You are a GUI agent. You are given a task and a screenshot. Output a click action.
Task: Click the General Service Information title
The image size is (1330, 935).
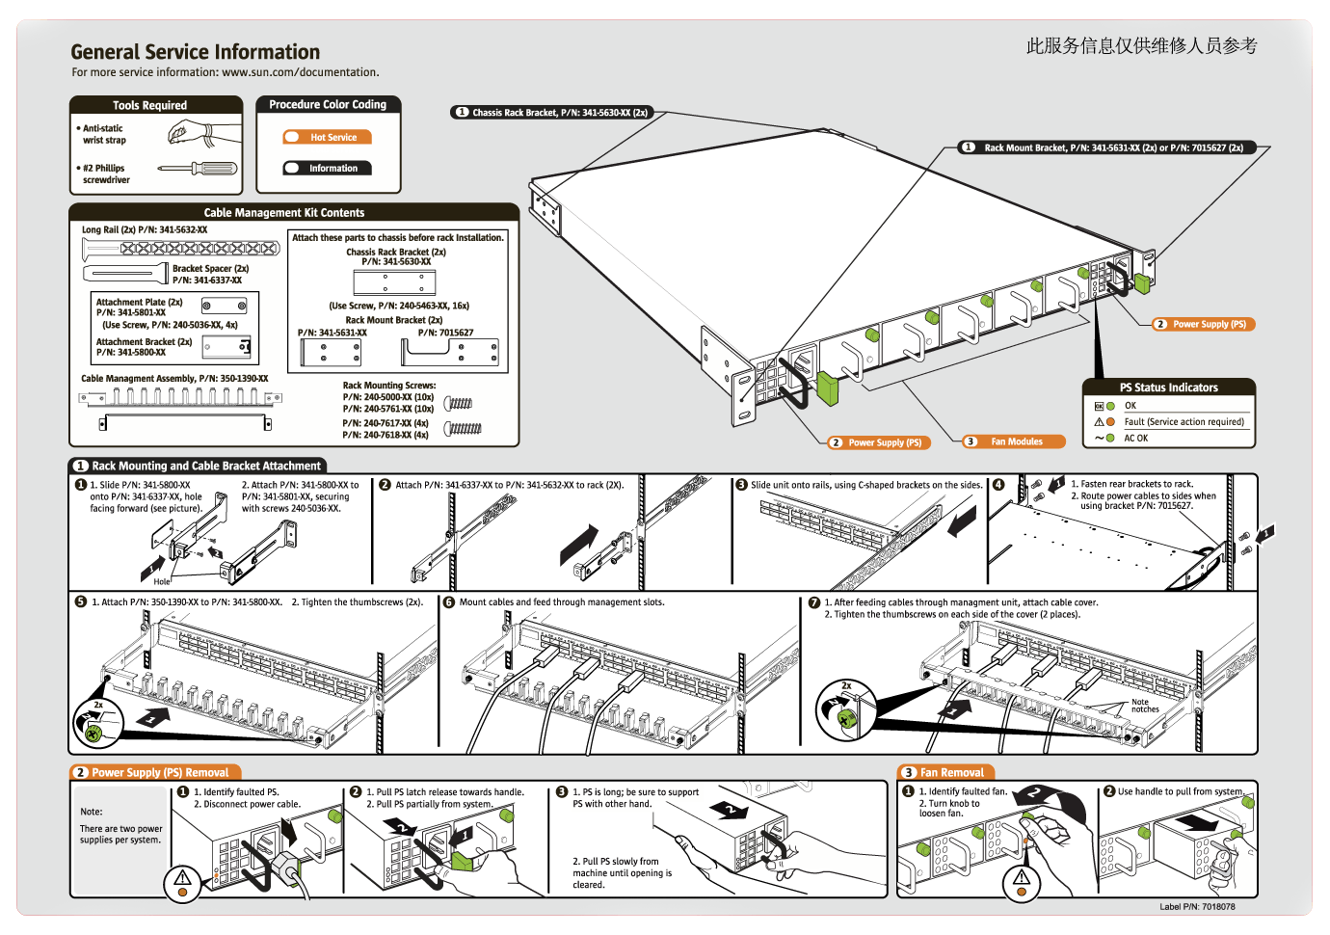pyautogui.click(x=195, y=52)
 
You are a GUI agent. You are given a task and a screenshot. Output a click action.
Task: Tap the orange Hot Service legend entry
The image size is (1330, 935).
pyautogui.click(x=328, y=138)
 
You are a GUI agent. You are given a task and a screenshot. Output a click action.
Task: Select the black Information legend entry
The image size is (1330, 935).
pyautogui.click(x=328, y=169)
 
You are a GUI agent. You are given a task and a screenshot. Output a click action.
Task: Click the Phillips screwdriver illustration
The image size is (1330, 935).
pyautogui.click(x=198, y=169)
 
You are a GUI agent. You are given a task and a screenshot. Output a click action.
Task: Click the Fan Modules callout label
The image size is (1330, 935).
pyautogui.click(x=1016, y=441)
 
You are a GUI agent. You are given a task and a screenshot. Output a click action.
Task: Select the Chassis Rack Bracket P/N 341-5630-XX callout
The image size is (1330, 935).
pyautogui.click(x=552, y=113)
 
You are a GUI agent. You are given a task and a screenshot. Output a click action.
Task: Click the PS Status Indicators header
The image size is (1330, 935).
pyautogui.click(x=1168, y=387)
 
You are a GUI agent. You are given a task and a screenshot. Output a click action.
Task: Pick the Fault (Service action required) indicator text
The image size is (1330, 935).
pyautogui.click(x=1184, y=422)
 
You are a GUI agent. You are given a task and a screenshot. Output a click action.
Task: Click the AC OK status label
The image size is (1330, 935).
pyautogui.click(x=1135, y=439)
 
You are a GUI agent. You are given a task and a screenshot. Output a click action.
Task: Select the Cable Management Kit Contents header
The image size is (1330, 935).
pyautogui.click(x=284, y=213)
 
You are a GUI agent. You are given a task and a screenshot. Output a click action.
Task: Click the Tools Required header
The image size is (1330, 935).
pyautogui.click(x=149, y=106)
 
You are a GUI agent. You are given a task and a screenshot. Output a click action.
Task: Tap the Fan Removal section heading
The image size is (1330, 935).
pyautogui.click(x=950, y=773)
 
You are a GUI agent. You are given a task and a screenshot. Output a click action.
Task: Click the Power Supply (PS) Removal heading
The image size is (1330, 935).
pyautogui.click(x=159, y=773)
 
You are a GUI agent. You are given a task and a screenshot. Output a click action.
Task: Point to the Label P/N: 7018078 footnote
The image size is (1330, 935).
pyautogui.click(x=1197, y=907)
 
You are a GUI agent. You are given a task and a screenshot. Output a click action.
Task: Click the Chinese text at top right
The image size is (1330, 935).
pyautogui.click(x=1141, y=45)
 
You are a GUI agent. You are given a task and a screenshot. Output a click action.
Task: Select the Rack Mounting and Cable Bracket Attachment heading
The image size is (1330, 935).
pyautogui.click(x=205, y=466)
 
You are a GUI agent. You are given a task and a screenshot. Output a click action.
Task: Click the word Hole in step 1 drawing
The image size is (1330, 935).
pyautogui.click(x=162, y=582)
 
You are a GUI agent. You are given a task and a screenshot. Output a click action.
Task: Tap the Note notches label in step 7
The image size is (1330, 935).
pyautogui.click(x=1144, y=706)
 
